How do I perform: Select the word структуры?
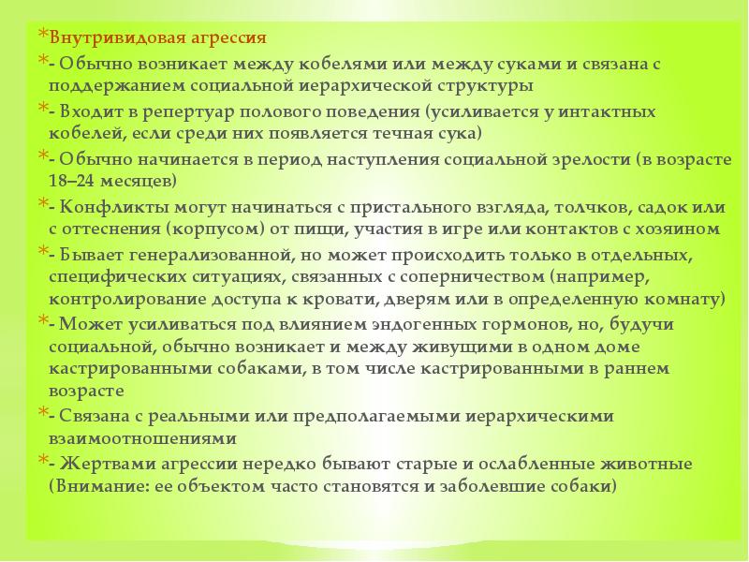pos(484,85)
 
